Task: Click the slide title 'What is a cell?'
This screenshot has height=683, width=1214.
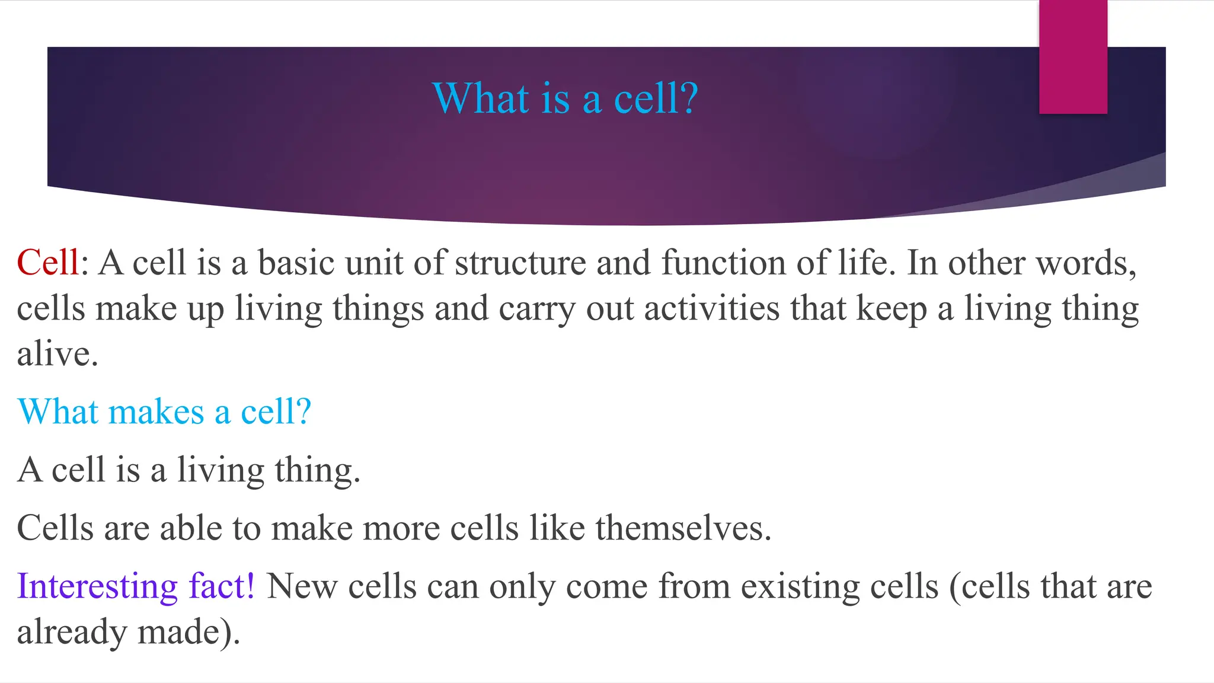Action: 565,98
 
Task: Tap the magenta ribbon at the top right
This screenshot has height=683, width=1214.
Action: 1073,56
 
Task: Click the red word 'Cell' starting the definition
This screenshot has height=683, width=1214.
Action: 47,263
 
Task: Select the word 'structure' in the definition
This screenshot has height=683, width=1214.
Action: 520,263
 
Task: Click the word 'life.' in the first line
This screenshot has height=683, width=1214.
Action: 867,263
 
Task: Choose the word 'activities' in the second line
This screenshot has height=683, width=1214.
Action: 711,309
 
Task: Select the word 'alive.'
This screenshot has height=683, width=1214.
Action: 57,355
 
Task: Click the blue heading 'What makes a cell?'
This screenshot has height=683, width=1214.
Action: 164,411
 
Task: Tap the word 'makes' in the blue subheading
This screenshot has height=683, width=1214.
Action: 156,411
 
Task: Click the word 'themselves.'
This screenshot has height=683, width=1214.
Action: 683,528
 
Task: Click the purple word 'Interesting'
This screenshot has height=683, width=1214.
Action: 97,586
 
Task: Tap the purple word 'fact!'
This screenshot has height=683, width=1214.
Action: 222,586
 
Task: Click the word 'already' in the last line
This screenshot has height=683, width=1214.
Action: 72,632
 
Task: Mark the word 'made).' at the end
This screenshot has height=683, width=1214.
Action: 189,632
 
